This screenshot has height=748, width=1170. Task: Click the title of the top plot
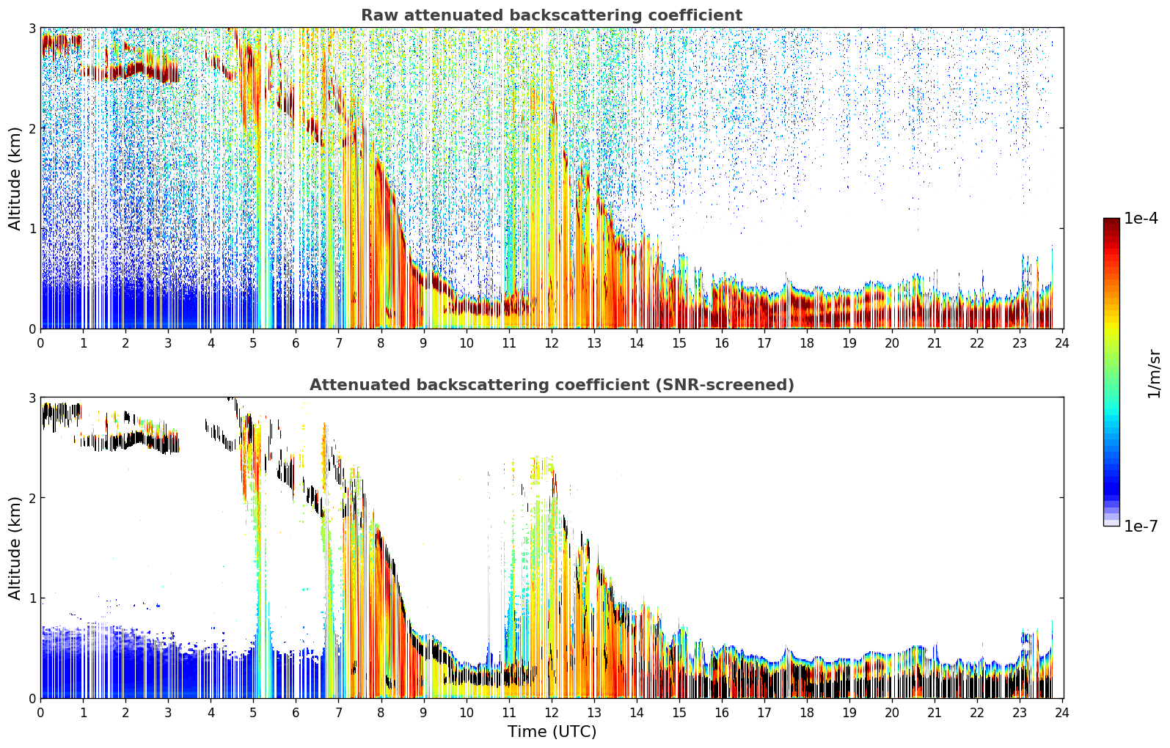(x=552, y=15)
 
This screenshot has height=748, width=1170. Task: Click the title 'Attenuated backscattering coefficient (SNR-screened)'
(x=552, y=385)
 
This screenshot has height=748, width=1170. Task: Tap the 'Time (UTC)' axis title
(x=552, y=732)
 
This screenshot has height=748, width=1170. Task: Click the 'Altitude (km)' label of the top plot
(x=15, y=179)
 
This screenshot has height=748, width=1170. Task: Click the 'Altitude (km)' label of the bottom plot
(x=15, y=549)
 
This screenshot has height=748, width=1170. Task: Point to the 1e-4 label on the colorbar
(x=1141, y=219)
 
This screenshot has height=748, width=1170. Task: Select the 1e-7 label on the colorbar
(x=1141, y=526)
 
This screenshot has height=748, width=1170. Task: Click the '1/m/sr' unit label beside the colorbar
(x=1154, y=374)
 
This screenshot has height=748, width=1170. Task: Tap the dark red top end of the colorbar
(x=1111, y=221)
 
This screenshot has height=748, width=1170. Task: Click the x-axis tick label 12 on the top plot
(x=552, y=343)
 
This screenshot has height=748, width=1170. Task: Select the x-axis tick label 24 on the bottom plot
(x=1062, y=713)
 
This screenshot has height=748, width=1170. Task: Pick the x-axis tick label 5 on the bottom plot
(x=253, y=713)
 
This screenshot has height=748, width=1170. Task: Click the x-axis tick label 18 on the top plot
(x=807, y=343)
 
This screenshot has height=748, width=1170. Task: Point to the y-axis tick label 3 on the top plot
(x=32, y=28)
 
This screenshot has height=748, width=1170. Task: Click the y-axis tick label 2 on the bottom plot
(x=32, y=498)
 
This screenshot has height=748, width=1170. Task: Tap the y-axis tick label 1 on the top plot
(x=32, y=229)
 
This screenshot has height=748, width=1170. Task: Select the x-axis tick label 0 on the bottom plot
(x=41, y=713)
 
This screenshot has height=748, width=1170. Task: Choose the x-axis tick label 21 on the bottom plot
(x=935, y=713)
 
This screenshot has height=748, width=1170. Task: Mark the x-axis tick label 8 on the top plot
(x=381, y=343)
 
